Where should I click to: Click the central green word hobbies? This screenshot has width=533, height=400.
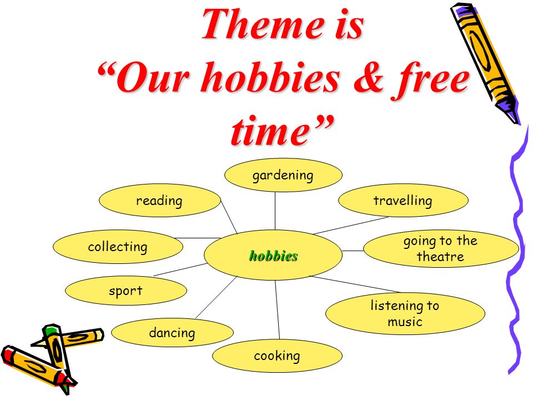click(x=273, y=256)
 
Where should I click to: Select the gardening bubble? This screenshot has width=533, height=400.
click(x=283, y=175)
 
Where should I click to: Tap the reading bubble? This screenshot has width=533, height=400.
click(x=160, y=201)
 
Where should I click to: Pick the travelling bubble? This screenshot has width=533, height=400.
click(x=403, y=201)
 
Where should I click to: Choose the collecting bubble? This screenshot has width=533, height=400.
click(x=118, y=247)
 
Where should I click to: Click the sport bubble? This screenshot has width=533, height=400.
click(x=126, y=291)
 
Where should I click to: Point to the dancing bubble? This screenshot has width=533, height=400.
click(x=172, y=332)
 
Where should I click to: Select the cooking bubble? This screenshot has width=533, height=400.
click(x=277, y=356)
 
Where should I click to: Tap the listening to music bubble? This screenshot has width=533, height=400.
click(x=405, y=313)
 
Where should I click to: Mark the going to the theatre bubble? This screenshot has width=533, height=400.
click(x=441, y=249)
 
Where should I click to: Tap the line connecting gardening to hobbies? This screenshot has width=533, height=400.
click(x=275, y=211)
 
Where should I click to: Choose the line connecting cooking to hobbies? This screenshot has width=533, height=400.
click(x=278, y=310)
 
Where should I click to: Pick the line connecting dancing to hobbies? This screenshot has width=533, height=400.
click(x=216, y=297)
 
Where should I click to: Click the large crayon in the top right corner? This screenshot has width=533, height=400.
click(x=485, y=63)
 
